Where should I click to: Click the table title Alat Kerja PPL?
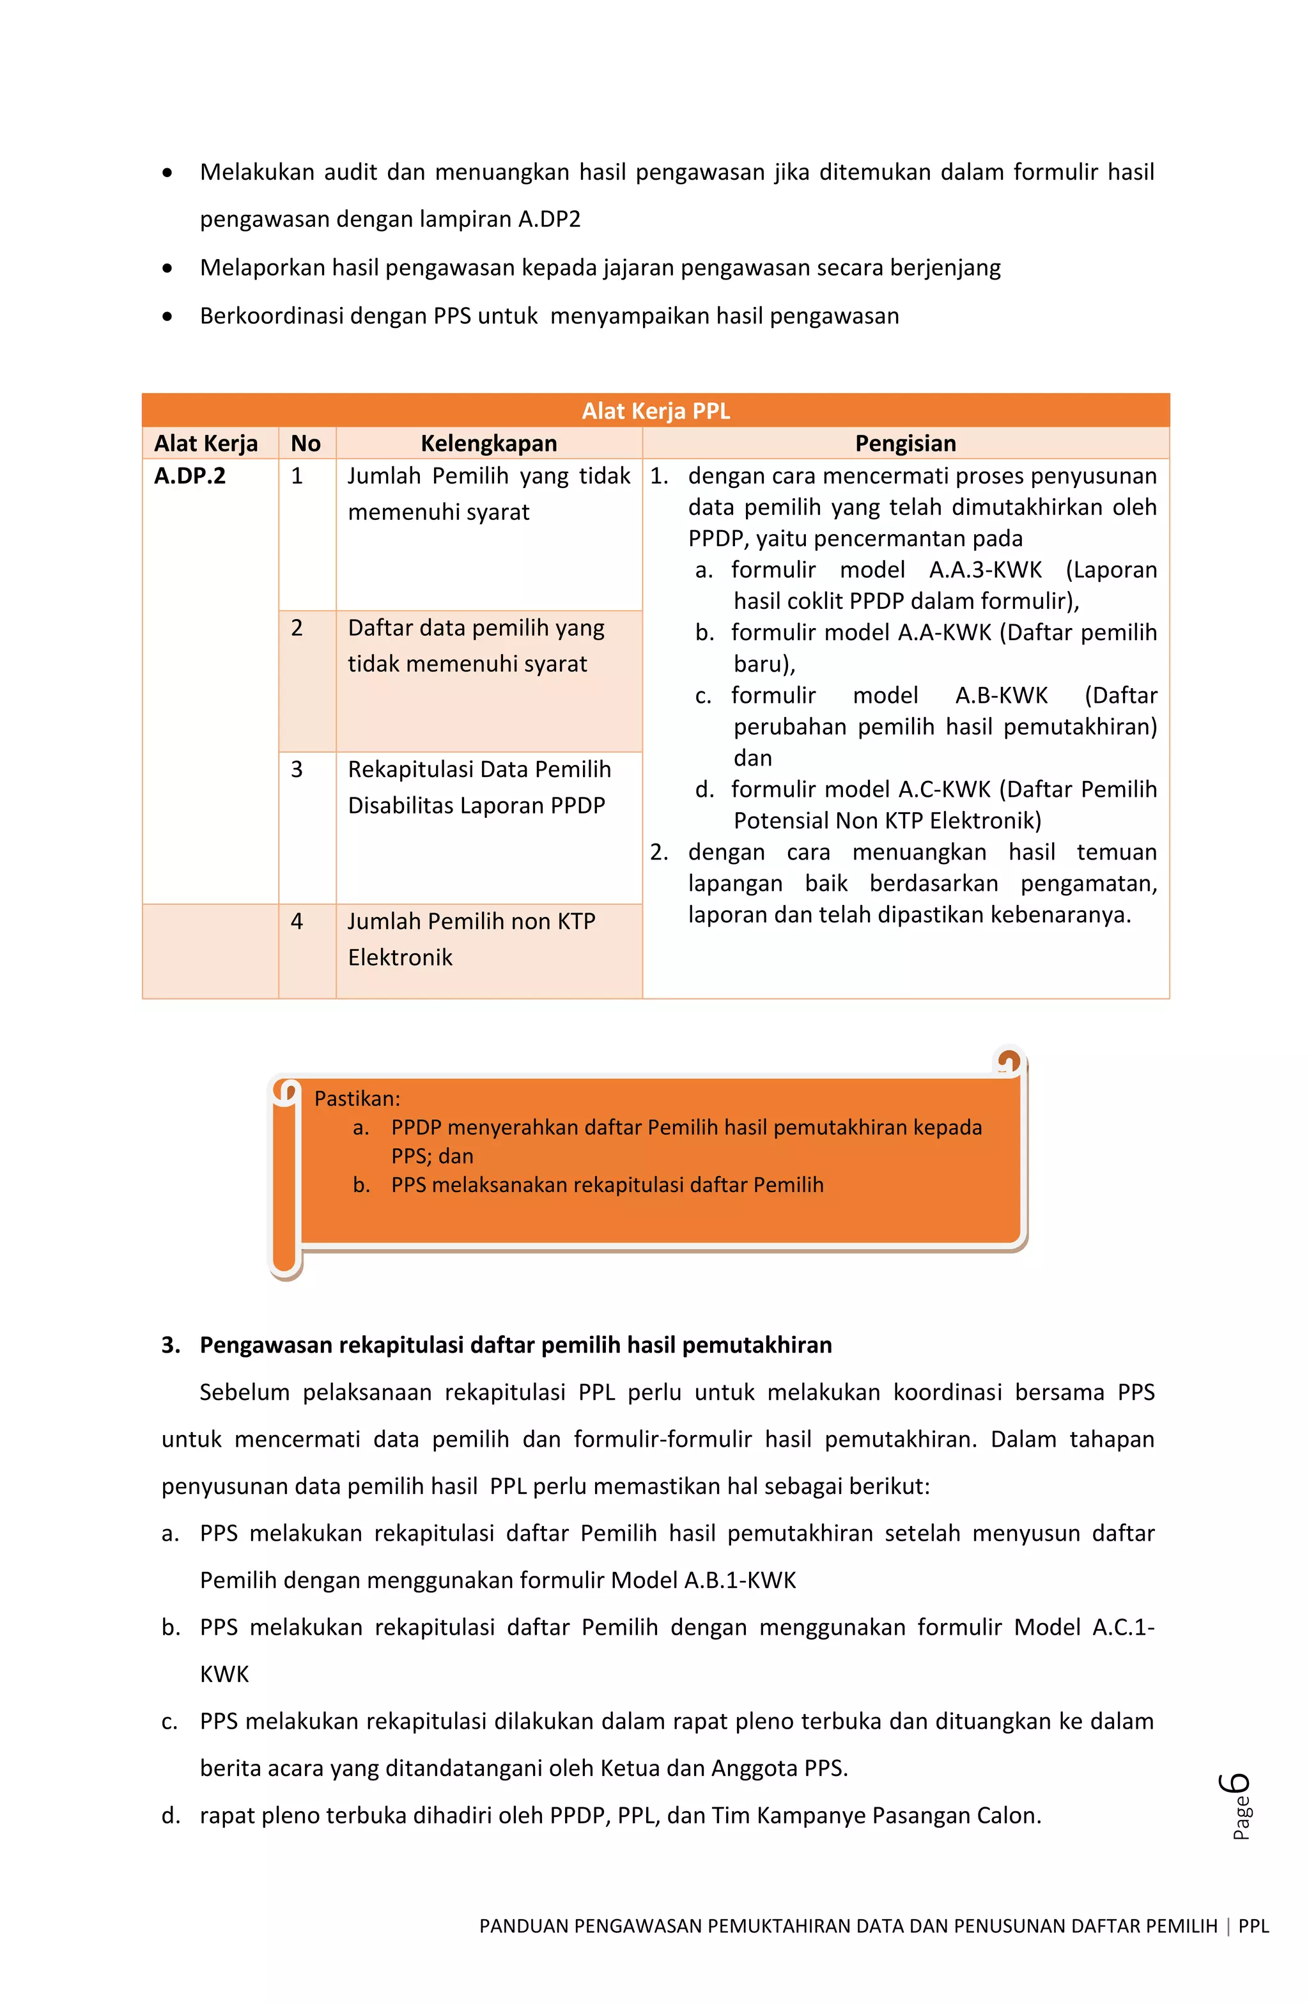tap(655, 411)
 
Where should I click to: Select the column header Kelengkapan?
tap(489, 444)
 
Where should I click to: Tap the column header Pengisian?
tap(905, 444)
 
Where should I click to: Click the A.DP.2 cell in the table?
tap(190, 476)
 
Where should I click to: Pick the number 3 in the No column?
tap(297, 769)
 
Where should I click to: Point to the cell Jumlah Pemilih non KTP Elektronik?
tap(471, 939)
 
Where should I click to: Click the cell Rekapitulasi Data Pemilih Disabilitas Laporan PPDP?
tap(479, 787)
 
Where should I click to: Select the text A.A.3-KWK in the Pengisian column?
tap(985, 570)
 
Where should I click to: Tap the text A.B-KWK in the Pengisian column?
tap(1001, 695)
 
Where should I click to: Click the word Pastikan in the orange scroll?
tap(357, 1098)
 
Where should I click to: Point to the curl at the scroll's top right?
tap(1008, 1061)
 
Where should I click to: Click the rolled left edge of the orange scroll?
tap(285, 1178)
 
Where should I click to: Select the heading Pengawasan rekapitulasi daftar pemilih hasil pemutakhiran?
tap(515, 1345)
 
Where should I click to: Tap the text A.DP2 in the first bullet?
tap(549, 219)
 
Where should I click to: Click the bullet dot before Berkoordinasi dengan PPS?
tap(168, 317)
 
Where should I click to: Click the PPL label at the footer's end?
tap(1253, 1926)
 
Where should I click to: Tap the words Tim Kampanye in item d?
tap(798, 1816)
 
